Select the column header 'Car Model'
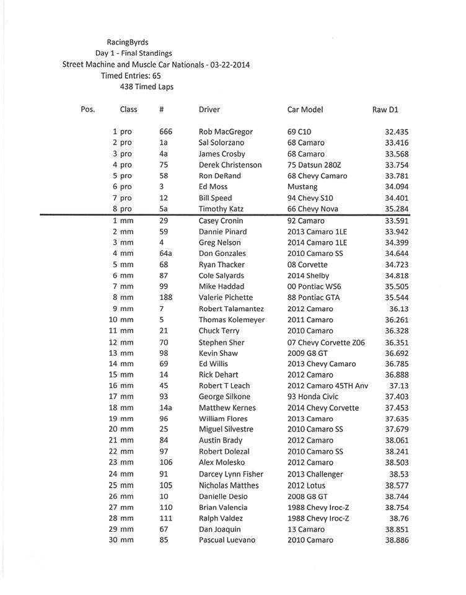point(305,110)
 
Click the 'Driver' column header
point(209,110)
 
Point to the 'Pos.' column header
point(88,110)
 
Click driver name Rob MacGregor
point(226,132)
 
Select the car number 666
point(165,132)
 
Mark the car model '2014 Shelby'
point(309,276)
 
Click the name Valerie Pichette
point(226,297)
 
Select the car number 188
point(165,297)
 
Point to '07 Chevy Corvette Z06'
point(328,342)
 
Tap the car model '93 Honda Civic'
point(314,397)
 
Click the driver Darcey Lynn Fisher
point(231,474)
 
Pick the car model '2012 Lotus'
point(306,485)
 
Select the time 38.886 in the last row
point(397,540)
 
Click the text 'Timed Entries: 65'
point(131,76)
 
